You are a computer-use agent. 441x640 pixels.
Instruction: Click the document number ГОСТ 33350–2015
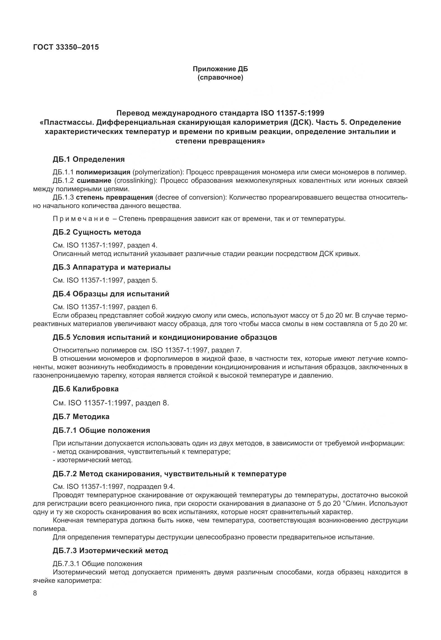coord(66,47)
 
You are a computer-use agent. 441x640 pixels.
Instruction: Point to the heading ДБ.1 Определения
coord(88,159)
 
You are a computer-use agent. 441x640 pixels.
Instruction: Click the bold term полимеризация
coord(103,172)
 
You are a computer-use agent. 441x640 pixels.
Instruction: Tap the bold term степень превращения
coord(115,197)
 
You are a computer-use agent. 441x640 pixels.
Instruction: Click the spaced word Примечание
coord(81,219)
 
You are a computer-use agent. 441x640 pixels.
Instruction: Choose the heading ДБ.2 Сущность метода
coord(97,232)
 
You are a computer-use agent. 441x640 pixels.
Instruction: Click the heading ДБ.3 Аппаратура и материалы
coord(111,267)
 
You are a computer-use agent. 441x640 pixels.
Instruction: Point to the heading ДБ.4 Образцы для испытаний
coord(111,294)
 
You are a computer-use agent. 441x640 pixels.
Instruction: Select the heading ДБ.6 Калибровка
coord(85,389)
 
